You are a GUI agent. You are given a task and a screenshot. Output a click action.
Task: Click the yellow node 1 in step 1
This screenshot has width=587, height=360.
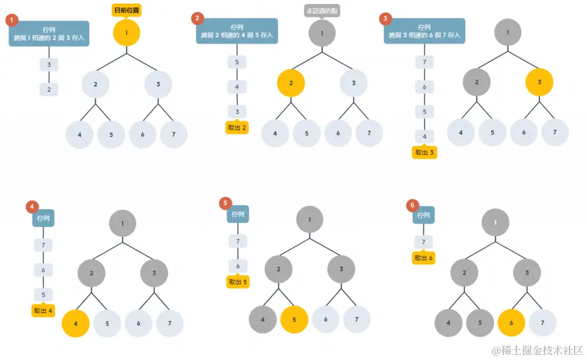pyautogui.click(x=127, y=33)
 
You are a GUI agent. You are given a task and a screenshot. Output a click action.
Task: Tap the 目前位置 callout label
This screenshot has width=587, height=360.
pyautogui.click(x=127, y=10)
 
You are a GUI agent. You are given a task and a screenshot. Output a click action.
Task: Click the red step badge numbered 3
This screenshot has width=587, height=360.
pyautogui.click(x=386, y=19)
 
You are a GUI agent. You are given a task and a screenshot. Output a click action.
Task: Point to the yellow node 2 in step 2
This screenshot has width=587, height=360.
pyautogui.click(x=291, y=83)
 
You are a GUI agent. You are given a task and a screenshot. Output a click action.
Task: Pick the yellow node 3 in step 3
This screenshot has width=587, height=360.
pyautogui.click(x=539, y=82)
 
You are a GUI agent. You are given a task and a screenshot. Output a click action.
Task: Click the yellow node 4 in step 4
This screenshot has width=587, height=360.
pyautogui.click(x=76, y=323)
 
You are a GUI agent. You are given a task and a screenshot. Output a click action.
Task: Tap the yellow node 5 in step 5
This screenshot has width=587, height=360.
pyautogui.click(x=295, y=319)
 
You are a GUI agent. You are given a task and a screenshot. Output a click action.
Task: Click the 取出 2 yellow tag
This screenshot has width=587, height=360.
pyautogui.click(x=237, y=128)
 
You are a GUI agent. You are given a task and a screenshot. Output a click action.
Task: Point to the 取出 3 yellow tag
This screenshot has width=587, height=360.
pyautogui.click(x=424, y=152)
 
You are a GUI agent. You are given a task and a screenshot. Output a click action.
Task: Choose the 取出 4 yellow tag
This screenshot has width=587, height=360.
pyautogui.click(x=43, y=311)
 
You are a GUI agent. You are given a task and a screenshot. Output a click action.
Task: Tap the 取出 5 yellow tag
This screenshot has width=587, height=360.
pyautogui.click(x=238, y=281)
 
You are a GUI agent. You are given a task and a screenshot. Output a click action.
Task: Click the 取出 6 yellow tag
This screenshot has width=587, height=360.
pyautogui.click(x=424, y=258)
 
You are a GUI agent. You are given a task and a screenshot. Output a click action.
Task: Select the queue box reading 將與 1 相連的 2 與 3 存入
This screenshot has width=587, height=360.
pyautogui.click(x=49, y=33)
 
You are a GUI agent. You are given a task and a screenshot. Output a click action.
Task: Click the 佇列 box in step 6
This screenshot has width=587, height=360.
pyautogui.click(x=424, y=215)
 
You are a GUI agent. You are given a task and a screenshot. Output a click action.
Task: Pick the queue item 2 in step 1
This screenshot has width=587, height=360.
pyautogui.click(x=49, y=89)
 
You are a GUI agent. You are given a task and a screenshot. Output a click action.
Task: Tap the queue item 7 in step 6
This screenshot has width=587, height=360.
pyautogui.click(x=424, y=242)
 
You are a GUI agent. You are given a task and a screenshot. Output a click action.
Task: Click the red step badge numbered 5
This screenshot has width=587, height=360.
pyautogui.click(x=225, y=203)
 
